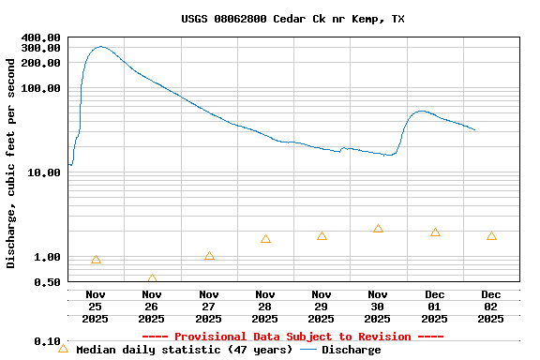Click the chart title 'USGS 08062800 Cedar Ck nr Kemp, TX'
[292, 19]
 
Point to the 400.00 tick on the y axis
[41, 37]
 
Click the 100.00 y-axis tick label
[41, 88]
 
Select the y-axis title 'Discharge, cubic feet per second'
[11, 163]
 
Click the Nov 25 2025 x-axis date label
[96, 307]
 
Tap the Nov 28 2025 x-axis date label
[265, 307]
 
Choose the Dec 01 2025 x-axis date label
[435, 307]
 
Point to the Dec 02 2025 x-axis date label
[491, 307]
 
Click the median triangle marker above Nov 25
[96, 260]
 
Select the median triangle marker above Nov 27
[209, 256]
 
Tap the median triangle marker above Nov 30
[378, 229]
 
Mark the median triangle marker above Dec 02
[491, 236]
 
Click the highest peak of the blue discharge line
[100, 46]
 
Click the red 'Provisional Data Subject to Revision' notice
[292, 337]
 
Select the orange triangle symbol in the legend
[64, 349]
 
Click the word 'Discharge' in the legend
[352, 350]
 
